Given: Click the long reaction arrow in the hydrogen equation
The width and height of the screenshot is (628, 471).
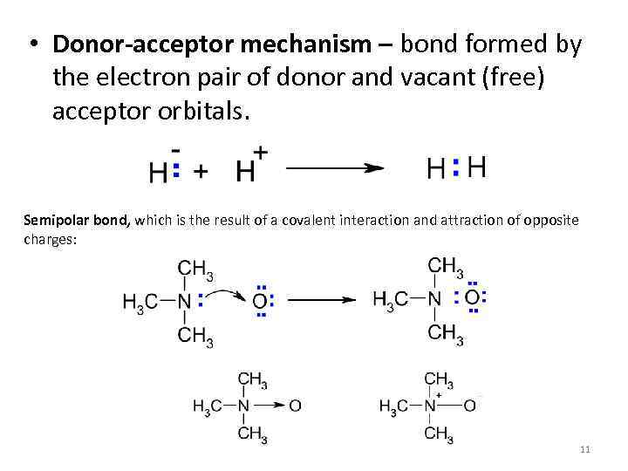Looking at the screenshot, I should pyautogui.click(x=335, y=168).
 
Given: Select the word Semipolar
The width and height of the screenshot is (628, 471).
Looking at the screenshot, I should pyautogui.click(x=52, y=221).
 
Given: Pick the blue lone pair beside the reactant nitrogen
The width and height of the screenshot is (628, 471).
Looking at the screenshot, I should pyautogui.click(x=201, y=301).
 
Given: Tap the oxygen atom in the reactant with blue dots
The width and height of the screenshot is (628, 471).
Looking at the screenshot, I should pyautogui.click(x=259, y=302).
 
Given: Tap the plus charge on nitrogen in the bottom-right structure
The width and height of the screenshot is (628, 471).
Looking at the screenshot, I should pyautogui.click(x=440, y=395).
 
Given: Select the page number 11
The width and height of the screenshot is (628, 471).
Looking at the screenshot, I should pyautogui.click(x=584, y=449).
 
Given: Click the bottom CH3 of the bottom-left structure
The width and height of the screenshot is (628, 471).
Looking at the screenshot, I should pyautogui.click(x=252, y=433).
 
